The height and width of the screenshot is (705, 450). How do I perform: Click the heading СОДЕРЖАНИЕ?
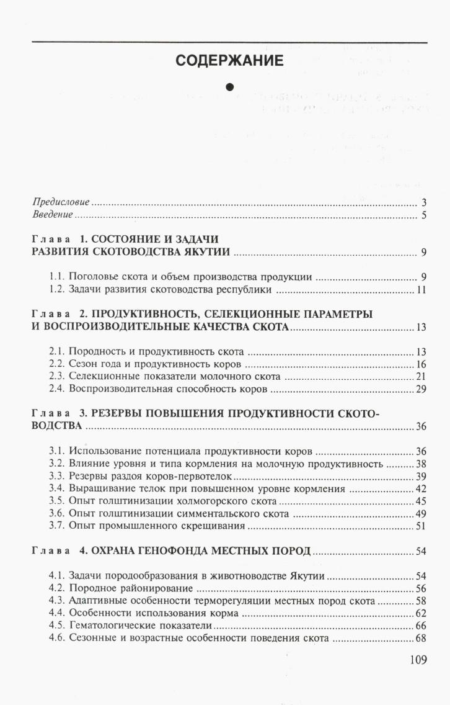click(x=229, y=61)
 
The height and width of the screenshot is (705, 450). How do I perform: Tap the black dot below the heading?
click(x=229, y=87)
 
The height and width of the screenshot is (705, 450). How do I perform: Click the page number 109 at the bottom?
click(x=418, y=659)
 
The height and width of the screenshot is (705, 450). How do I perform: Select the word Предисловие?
click(x=61, y=203)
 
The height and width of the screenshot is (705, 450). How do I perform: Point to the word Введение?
click(x=53, y=215)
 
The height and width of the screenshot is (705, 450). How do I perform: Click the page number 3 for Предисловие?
click(x=423, y=203)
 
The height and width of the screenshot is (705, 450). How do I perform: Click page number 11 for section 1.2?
click(x=421, y=290)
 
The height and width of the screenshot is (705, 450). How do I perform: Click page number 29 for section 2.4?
click(x=421, y=389)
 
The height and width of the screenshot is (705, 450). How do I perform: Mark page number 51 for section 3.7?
click(x=421, y=526)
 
